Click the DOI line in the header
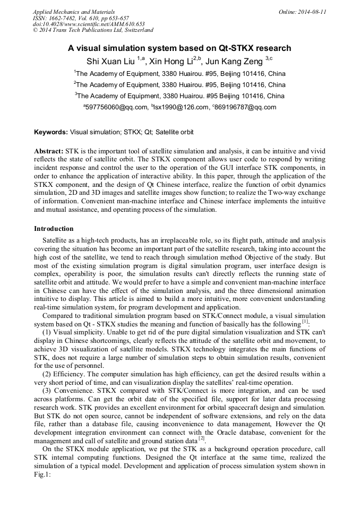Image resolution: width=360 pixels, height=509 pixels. click(89, 24)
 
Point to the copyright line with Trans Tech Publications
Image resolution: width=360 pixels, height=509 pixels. click(93, 31)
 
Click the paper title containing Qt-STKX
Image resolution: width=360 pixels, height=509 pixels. click(179, 48)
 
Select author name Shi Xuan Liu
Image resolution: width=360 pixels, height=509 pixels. click(111, 61)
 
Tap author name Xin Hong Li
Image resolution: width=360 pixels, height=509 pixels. click(170, 61)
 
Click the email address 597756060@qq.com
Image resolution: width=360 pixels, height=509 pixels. click(117, 107)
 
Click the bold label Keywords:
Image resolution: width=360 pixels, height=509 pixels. click(51, 132)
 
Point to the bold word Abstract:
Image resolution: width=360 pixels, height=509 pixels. click(49, 151)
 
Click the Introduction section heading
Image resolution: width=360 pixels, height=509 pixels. click(54, 229)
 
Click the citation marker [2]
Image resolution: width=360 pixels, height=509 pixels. click(201, 440)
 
